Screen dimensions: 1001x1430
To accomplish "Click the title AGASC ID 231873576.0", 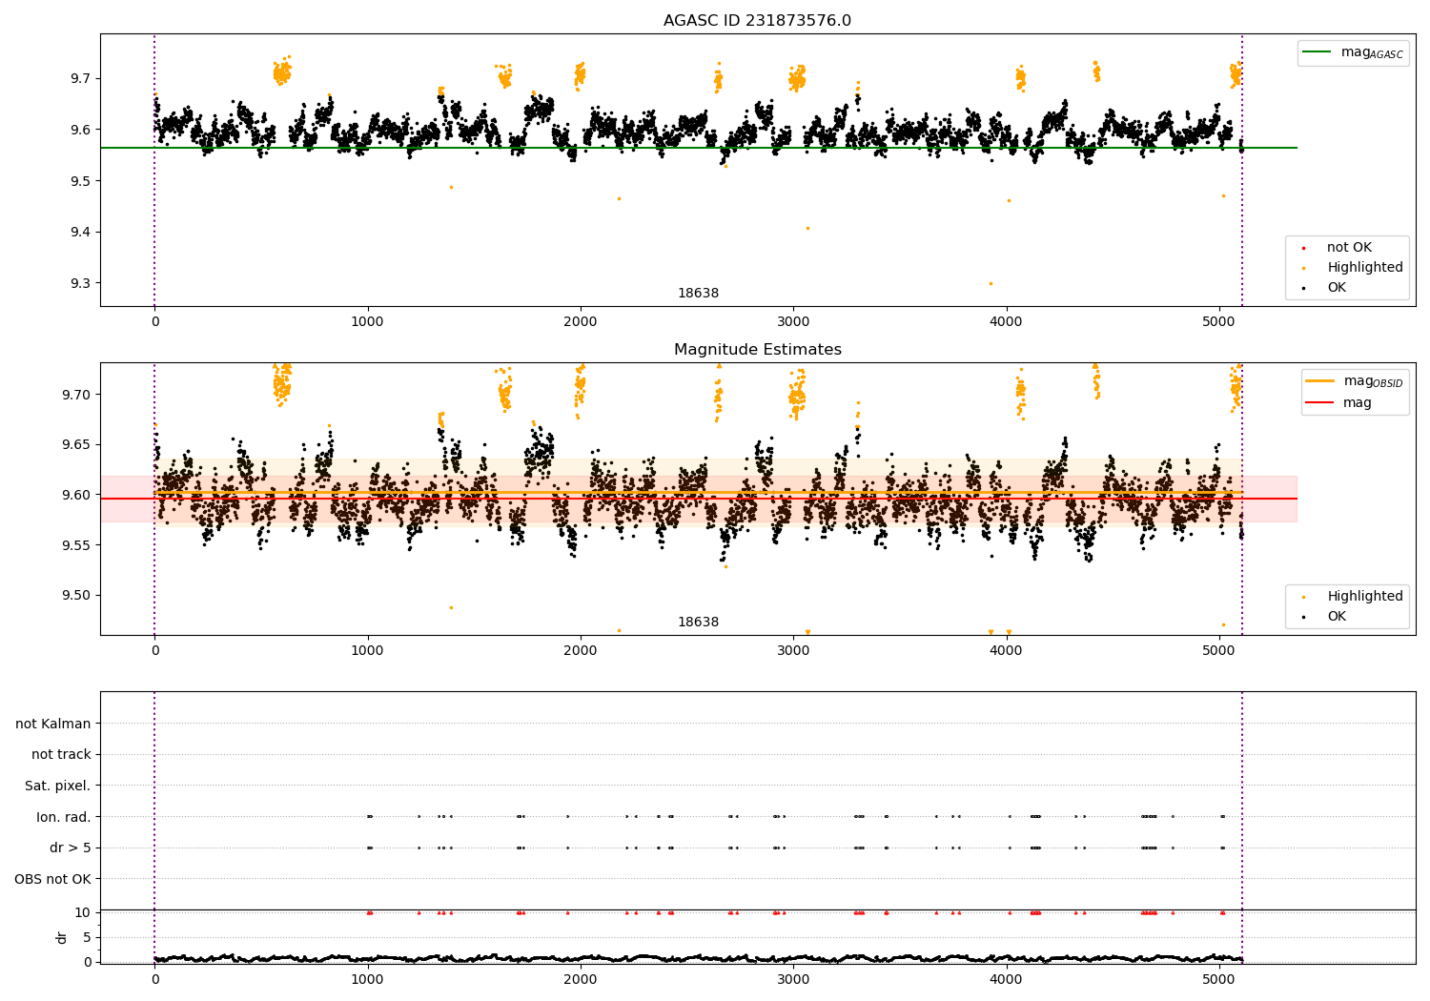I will (757, 21).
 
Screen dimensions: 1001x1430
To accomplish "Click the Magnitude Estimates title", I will (757, 350).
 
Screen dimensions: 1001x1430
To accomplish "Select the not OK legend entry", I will (1348, 248).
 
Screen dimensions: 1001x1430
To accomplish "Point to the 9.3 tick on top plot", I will (81, 283).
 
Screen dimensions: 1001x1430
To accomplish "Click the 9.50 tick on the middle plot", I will (77, 596).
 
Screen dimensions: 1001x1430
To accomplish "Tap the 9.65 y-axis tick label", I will (77, 444).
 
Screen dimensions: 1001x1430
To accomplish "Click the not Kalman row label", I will (53, 724).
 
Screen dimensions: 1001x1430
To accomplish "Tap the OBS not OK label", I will (52, 879).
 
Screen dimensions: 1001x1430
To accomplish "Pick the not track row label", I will (61, 755).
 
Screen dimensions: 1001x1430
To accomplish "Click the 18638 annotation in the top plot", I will (698, 294).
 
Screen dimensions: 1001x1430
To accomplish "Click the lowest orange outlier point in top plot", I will (991, 283).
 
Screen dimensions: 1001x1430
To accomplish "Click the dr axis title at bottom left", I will (62, 937).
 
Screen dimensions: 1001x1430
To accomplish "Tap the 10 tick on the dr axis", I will (83, 912).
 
